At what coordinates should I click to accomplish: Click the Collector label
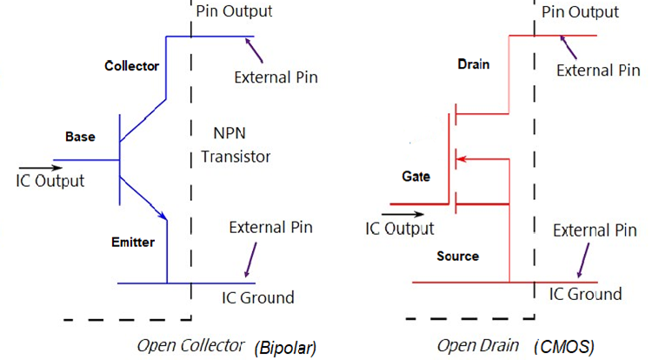pos(132,66)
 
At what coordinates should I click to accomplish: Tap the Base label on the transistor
pos(80,137)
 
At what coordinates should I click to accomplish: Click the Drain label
pos(473,64)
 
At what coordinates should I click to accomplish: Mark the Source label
pos(457,257)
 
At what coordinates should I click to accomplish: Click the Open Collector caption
pos(190,346)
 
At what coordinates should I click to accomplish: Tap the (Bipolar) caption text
pos(285,348)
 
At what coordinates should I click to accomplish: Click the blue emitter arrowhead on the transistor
pos(162,215)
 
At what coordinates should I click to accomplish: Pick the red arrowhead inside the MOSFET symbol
pos(462,159)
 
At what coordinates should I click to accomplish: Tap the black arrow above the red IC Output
pos(397,212)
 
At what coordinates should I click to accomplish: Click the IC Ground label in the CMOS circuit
pos(585,294)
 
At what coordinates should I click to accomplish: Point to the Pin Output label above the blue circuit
pos(234,11)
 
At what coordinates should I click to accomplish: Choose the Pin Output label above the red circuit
pos(580,12)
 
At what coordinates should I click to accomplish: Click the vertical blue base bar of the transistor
pos(119,160)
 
